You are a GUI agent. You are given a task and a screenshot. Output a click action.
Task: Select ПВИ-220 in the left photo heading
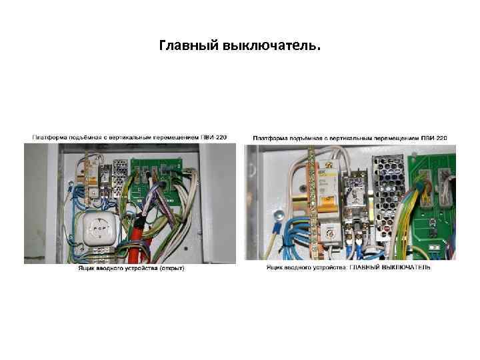click(214, 137)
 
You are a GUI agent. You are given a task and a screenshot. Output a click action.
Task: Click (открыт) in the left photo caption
click(170, 268)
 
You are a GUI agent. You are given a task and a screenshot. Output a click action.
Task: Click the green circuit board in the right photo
click(433, 200)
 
